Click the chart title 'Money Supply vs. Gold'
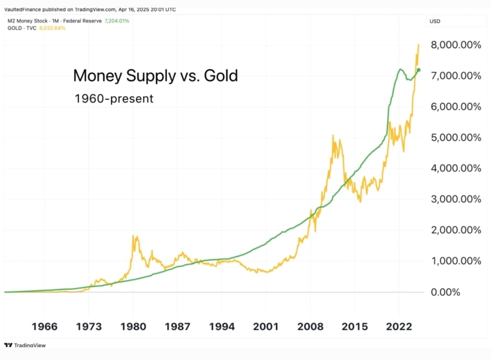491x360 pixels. [155, 76]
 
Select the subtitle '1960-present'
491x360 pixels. [114, 98]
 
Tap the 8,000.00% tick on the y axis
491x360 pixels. [456, 45]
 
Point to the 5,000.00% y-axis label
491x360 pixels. [456, 137]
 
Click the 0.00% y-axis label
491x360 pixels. [445, 292]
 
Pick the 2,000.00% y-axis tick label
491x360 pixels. [456, 230]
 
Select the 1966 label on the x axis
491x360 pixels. [45, 326]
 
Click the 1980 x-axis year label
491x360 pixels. [133, 326]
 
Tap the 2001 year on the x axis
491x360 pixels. [266, 326]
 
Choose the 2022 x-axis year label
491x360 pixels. [399, 326]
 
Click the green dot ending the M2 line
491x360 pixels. [419, 70]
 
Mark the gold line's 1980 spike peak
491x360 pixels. [133, 235]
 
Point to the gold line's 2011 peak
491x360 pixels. [333, 135]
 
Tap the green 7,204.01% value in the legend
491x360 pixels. [117, 21]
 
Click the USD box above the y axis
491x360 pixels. [435, 21]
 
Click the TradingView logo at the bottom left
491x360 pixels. [25, 345]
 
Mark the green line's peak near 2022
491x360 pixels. [400, 69]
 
